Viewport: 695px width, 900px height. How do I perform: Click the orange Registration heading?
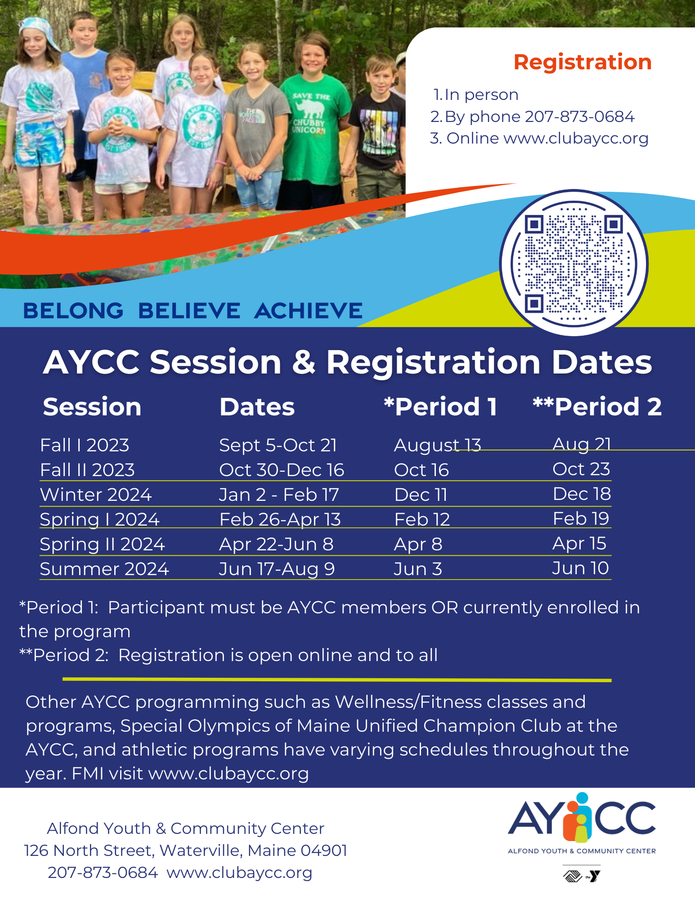[x=583, y=62]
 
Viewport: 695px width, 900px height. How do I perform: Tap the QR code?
[x=574, y=263]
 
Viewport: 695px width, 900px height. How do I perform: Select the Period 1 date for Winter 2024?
[x=421, y=495]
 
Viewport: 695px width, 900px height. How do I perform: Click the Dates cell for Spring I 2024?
[x=280, y=519]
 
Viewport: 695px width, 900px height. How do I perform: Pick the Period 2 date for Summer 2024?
[x=580, y=568]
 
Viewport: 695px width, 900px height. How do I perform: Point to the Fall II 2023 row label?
[x=87, y=470]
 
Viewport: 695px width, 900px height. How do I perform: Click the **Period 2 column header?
[x=597, y=407]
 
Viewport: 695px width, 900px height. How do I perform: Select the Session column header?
[x=92, y=407]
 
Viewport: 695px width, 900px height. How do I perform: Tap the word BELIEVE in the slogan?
[x=189, y=310]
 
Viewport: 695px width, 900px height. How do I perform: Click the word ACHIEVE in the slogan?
[x=308, y=310]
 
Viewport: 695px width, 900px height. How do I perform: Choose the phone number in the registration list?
[x=579, y=117]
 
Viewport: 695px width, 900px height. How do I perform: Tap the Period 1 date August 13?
[x=437, y=445]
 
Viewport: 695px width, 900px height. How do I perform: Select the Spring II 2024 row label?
[x=102, y=544]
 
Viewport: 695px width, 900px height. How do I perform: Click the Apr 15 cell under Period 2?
[x=579, y=543]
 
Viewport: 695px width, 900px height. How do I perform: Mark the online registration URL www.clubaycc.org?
[x=576, y=138]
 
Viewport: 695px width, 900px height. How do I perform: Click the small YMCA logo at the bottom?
[x=594, y=876]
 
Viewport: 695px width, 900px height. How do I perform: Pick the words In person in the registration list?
[x=481, y=94]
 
